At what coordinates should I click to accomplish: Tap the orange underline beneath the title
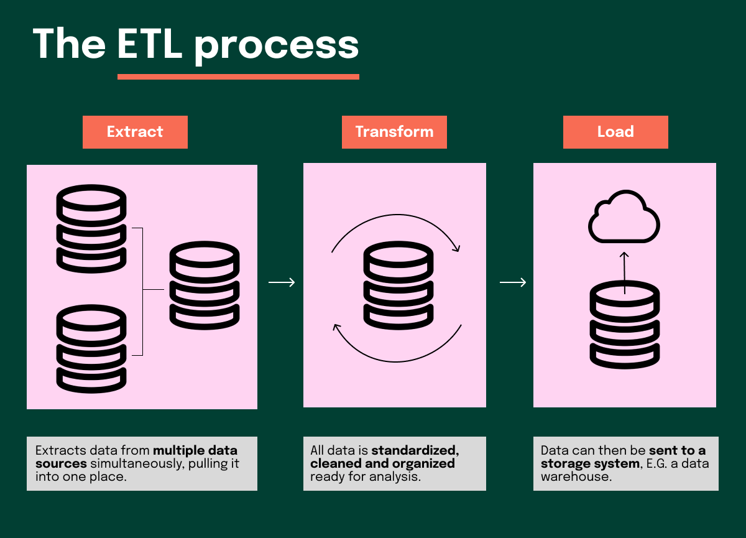238,77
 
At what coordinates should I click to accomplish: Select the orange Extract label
135,132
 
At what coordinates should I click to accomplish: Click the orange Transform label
394,132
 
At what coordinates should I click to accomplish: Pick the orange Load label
615,132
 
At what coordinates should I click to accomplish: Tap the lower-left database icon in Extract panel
91,348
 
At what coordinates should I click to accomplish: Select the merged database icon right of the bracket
205,285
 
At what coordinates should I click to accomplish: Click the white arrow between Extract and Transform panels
281,283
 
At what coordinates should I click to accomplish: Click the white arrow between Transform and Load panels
512,283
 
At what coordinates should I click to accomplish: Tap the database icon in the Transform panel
398,285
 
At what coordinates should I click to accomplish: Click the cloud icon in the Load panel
624,217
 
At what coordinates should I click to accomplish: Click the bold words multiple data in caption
195,450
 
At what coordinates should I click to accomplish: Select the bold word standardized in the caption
415,450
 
